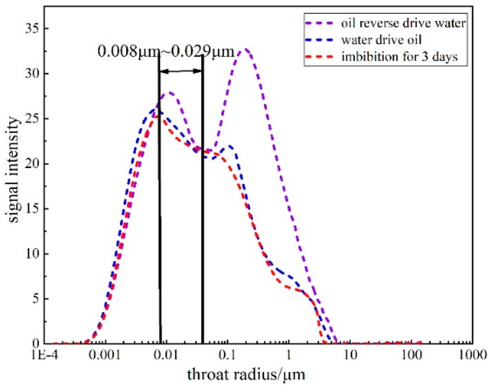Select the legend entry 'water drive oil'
[x=381, y=40]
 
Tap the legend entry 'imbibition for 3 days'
[x=400, y=56]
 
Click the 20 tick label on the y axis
[x=33, y=164]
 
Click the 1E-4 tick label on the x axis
[x=44, y=355]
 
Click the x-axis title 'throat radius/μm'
[x=246, y=374]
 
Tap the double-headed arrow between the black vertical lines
[x=181, y=71]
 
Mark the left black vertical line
[x=160, y=208]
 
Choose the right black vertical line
[x=202, y=208]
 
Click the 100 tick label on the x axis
[x=411, y=355]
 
